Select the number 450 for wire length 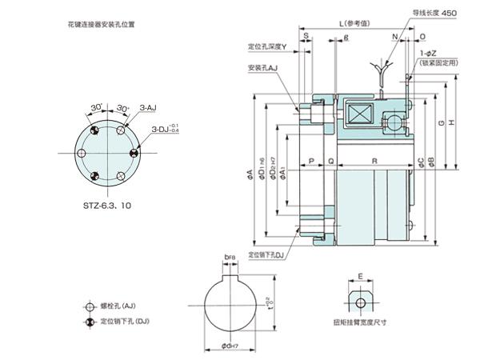(x=449, y=13)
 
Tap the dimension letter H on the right (x=453, y=122)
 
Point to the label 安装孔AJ (x=262, y=68)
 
